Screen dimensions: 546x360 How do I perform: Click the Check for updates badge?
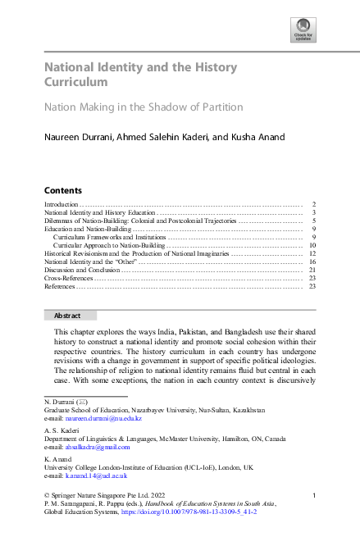click(304, 32)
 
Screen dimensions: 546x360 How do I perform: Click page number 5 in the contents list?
click(314, 221)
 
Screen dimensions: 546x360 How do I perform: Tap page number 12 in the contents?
click(312, 254)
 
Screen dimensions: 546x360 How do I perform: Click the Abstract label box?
click(70, 315)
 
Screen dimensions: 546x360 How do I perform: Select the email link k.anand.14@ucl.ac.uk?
click(93, 475)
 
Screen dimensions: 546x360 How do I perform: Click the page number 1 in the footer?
click(314, 494)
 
